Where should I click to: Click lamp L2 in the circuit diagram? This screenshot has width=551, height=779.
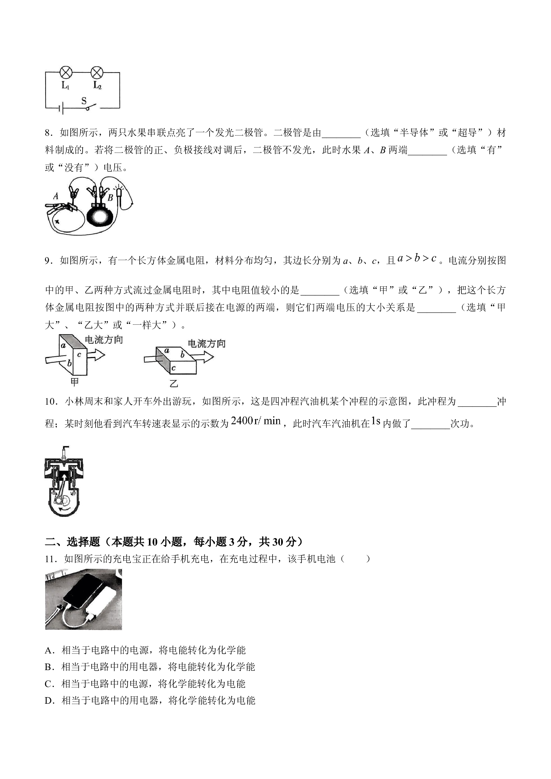pos(97,72)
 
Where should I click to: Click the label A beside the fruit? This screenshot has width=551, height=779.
pos(56,196)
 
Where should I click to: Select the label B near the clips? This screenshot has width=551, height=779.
pos(110,198)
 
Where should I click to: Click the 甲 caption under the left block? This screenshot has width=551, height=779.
pos(75,382)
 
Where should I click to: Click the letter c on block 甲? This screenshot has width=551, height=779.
pos(79,355)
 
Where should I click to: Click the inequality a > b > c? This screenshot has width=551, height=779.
pos(417,258)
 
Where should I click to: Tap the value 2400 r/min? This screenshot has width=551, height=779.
pos(256,421)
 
